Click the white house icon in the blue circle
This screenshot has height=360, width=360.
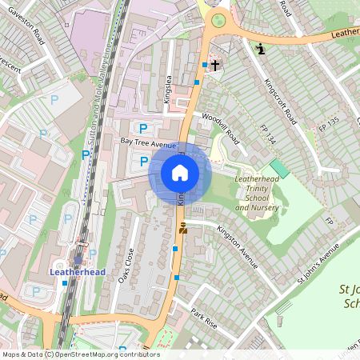coord(180,173)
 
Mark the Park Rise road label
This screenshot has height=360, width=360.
coord(205,316)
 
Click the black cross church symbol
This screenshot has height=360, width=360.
coord(215,63)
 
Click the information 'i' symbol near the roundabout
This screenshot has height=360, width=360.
coord(260,50)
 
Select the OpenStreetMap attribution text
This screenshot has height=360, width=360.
coord(80,354)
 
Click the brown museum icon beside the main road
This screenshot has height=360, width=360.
coord(183,228)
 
